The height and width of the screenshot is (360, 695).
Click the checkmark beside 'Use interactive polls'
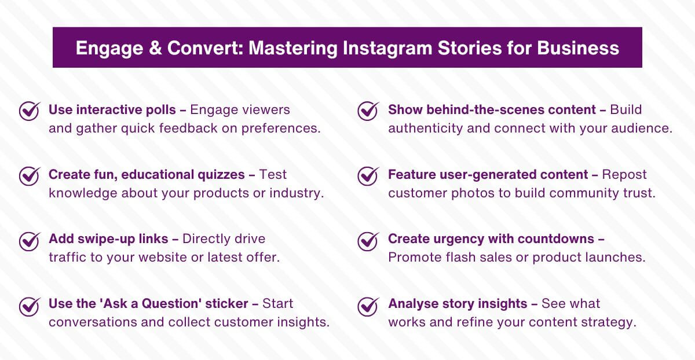tap(29, 111)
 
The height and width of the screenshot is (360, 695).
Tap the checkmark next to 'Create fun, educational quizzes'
tap(29, 175)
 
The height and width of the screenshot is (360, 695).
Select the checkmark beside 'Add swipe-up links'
tap(29, 240)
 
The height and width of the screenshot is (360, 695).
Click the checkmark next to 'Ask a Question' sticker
tap(29, 305)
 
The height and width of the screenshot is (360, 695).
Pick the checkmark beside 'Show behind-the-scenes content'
tap(368, 111)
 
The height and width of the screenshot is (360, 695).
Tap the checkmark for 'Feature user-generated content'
tap(368, 175)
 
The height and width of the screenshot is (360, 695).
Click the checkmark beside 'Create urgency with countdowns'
tap(368, 240)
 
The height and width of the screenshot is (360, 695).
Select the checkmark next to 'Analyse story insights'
tap(368, 305)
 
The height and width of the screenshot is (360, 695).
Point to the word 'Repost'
tap(624, 174)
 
